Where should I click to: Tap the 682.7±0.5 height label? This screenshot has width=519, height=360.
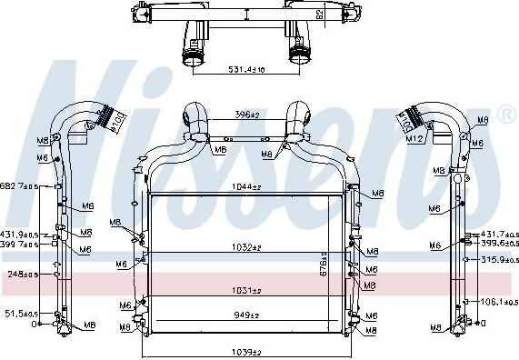[x=19, y=186]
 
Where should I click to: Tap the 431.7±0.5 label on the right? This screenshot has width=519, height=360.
[x=499, y=235]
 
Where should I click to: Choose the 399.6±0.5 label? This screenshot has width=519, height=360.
[x=499, y=244]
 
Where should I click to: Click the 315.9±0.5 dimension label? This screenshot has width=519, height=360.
[x=499, y=259]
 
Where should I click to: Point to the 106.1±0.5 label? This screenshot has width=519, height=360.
[x=499, y=302]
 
